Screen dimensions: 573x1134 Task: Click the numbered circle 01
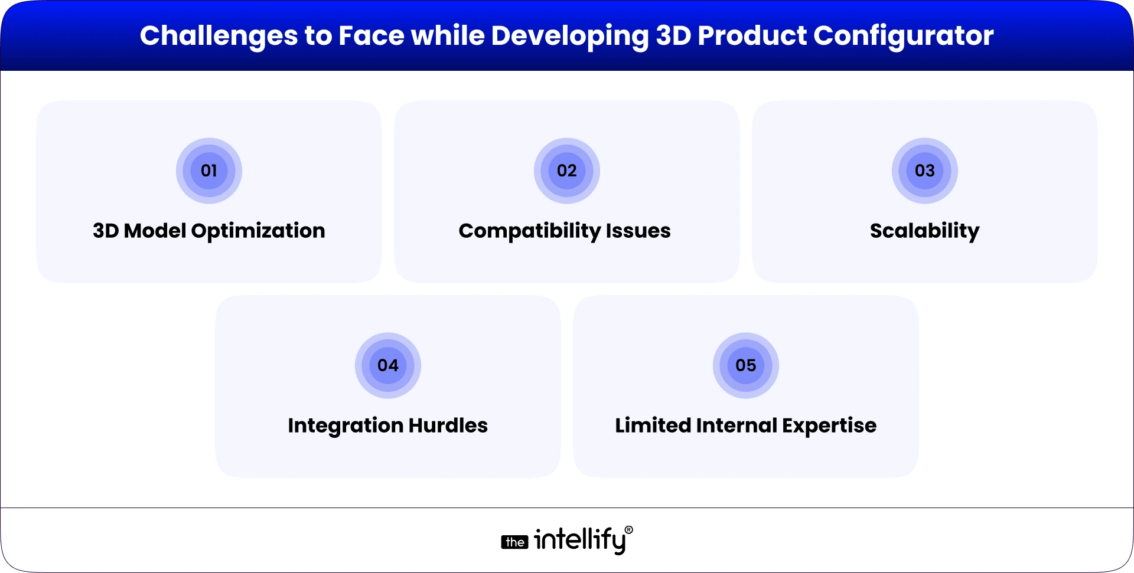209,171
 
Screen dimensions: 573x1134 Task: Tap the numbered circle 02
566,171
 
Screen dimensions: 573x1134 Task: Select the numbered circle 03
924,171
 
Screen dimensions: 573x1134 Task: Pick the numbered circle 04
387,366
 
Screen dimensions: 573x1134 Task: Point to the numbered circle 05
745,366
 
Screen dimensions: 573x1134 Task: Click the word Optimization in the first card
258,231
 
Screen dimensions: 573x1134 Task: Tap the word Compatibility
529,231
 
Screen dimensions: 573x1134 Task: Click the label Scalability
924,231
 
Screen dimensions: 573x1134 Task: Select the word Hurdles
448,425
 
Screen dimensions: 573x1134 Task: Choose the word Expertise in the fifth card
829,425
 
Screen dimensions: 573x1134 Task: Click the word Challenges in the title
219,36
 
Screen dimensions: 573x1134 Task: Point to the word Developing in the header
570,36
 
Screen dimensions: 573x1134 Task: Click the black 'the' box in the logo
514,542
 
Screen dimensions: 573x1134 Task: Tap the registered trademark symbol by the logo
628,530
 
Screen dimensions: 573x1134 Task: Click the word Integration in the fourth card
346,425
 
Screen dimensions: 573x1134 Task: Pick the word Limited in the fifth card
653,425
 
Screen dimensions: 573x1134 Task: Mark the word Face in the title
370,36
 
